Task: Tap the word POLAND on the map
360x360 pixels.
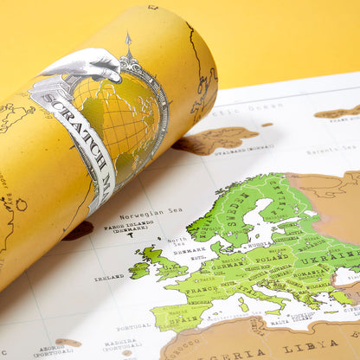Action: [x=273, y=257]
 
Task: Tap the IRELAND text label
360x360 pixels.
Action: [x=109, y=278]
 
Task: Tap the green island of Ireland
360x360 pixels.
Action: [x=139, y=269]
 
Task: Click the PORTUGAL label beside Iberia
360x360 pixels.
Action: [x=133, y=327]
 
